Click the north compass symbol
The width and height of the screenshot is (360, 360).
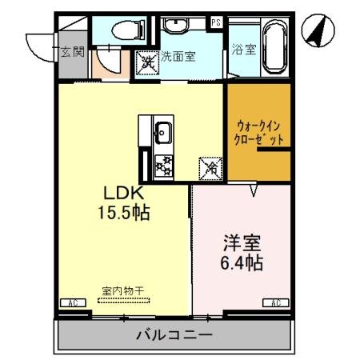[x=317, y=30]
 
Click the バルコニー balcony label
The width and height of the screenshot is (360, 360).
[x=174, y=335]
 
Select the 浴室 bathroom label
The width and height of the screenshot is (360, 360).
[x=242, y=49]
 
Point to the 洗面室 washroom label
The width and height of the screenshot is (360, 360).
[x=178, y=57]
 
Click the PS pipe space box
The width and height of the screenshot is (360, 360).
[x=216, y=22]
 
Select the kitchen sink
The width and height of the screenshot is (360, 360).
[x=163, y=130]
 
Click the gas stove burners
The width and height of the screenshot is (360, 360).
[x=163, y=166]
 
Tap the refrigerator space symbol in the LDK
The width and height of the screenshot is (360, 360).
[x=210, y=169]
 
